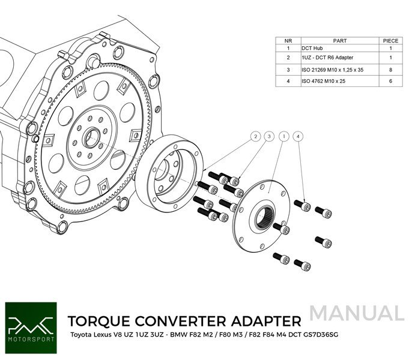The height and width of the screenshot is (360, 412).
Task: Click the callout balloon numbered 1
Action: click(x=282, y=136)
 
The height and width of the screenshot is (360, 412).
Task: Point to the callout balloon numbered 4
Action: click(x=298, y=136)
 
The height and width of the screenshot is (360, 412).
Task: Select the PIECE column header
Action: click(x=390, y=41)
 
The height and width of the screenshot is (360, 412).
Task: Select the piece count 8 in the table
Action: click(x=390, y=70)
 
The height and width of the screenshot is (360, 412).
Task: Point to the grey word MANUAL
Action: click(x=357, y=313)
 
